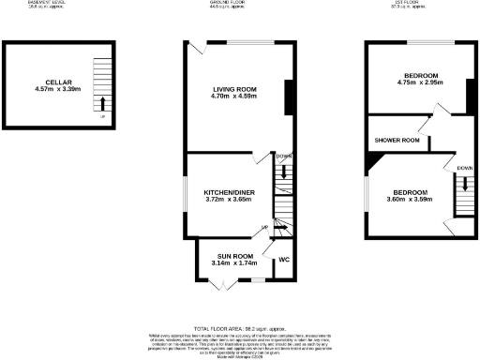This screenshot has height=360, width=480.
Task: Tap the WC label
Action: click(284, 259)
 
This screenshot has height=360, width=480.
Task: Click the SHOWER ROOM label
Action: click(396, 141)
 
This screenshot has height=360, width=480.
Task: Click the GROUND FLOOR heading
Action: click(239, 4)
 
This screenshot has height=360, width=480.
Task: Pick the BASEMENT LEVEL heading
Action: click(57, 4)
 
